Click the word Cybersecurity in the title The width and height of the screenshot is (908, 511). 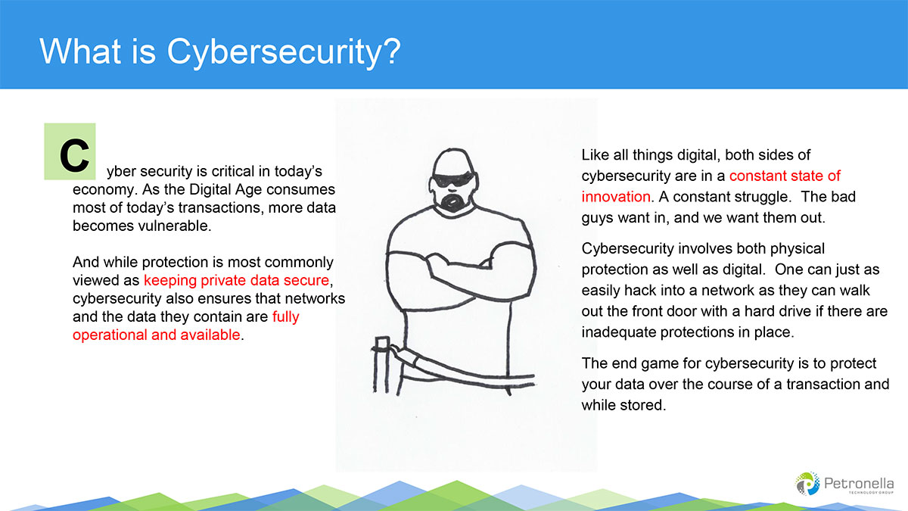tap(275, 53)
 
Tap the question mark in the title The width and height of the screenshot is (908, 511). tap(392, 50)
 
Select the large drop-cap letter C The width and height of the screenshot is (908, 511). tap(74, 155)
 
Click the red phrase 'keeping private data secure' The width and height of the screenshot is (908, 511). tap(236, 280)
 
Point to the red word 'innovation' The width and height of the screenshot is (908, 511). tap(616, 197)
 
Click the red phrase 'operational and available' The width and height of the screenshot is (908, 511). tap(157, 335)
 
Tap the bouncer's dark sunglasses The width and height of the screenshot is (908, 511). tap(453, 179)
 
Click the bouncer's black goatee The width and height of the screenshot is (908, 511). tap(453, 202)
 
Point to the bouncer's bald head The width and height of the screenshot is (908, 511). tap(453, 161)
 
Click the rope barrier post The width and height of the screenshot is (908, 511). tap(381, 365)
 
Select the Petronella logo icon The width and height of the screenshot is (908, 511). tap(807, 484)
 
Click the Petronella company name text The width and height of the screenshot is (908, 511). tap(859, 484)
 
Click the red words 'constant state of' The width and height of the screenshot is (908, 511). tap(785, 176)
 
